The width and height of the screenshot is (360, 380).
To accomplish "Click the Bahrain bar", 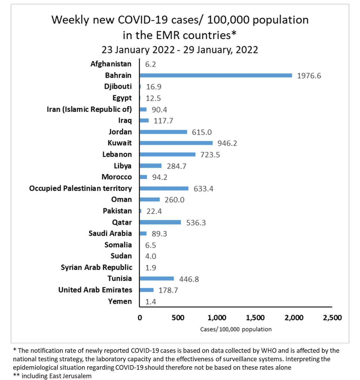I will click(216, 75).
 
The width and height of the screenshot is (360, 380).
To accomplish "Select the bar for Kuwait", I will click(176, 143).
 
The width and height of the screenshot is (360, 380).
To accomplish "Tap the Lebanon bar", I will click(167, 154).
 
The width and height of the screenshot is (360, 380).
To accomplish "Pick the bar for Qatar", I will click(160, 222).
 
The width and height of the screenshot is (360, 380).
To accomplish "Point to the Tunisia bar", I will click(157, 278).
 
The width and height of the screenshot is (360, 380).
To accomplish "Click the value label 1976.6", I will click(309, 76).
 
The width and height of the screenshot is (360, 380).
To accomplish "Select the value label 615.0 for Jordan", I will click(202, 132).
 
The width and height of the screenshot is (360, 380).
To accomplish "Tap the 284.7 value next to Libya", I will click(176, 166).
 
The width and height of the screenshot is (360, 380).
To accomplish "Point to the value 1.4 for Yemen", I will click(151, 302).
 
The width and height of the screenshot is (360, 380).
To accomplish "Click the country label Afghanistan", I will click(111, 64).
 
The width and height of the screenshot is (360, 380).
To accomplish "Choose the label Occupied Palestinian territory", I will click(80, 188).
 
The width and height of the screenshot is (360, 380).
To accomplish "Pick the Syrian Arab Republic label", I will click(96, 267).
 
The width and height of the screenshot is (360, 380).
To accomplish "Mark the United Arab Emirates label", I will click(95, 290).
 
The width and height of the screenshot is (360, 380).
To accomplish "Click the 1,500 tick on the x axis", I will click(255, 318).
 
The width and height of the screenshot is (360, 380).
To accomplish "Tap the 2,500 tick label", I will click(332, 318).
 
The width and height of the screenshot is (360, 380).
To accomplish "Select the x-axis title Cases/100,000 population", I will click(236, 329).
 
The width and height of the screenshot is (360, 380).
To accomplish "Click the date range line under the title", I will click(180, 50).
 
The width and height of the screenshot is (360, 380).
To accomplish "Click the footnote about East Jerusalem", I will click(52, 376).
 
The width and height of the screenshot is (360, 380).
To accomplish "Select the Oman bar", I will click(150, 200).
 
